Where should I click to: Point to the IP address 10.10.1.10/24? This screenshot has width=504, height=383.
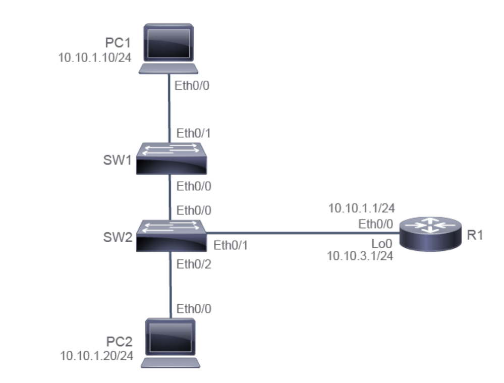pyautogui.click(x=95, y=57)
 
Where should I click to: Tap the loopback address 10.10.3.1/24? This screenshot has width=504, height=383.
pyautogui.click(x=360, y=256)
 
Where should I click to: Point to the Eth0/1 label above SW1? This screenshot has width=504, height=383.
pyautogui.click(x=193, y=134)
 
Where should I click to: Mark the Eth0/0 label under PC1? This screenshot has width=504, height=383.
pyautogui.click(x=192, y=86)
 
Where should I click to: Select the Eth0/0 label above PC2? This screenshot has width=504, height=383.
pyautogui.click(x=193, y=309)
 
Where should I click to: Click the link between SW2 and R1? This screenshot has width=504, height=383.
pyautogui.click(x=303, y=234)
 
